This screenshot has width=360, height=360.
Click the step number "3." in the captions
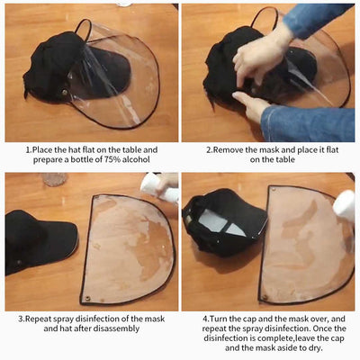pos(22,317)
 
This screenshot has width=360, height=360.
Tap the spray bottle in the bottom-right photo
pos(346,205)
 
